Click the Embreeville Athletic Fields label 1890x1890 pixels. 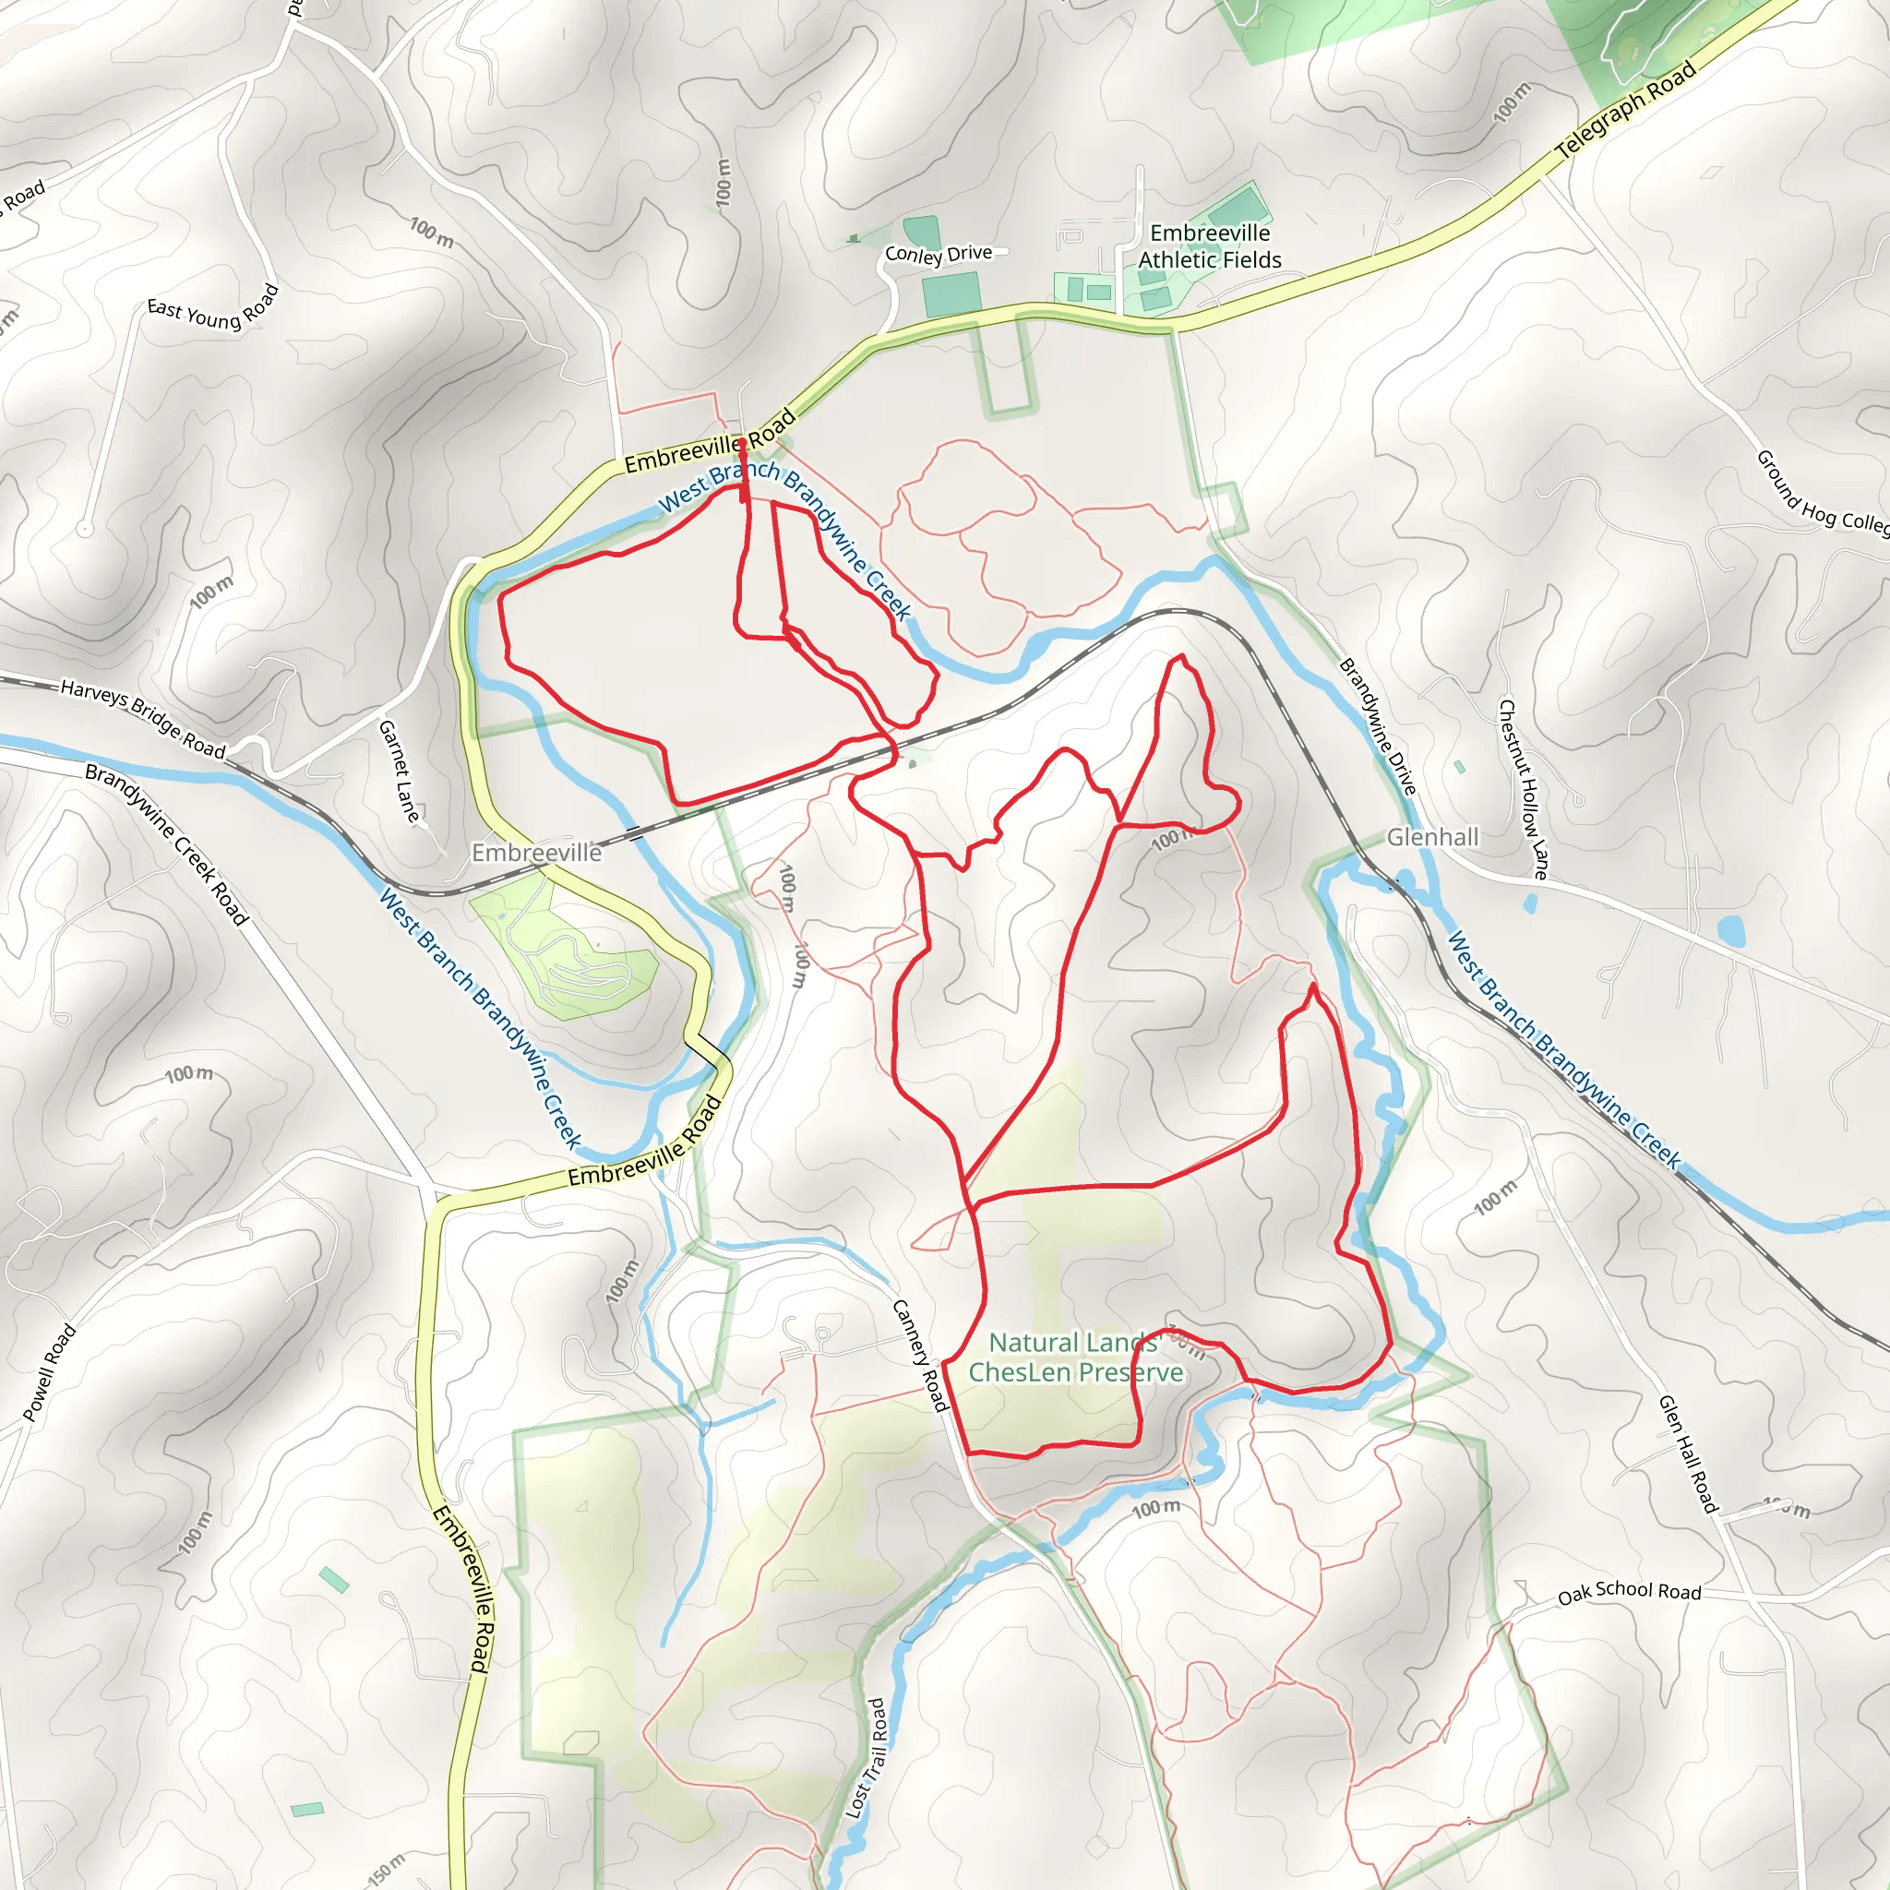click(x=1209, y=246)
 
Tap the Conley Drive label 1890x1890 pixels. click(x=939, y=255)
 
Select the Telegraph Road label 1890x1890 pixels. click(x=1626, y=111)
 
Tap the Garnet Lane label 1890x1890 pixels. click(x=399, y=771)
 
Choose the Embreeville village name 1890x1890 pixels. click(x=536, y=853)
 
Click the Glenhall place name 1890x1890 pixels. click(x=1432, y=837)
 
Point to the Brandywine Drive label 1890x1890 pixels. click(x=1378, y=727)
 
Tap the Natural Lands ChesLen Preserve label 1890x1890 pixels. click(x=1075, y=1358)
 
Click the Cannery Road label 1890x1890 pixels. click(x=920, y=1356)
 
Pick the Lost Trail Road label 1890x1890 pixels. click(x=867, y=1758)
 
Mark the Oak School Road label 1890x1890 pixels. click(x=1629, y=1592)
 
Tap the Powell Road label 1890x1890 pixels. click(x=49, y=1372)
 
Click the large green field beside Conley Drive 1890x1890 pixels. click(x=951, y=294)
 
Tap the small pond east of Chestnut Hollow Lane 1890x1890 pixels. click(x=1729, y=930)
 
